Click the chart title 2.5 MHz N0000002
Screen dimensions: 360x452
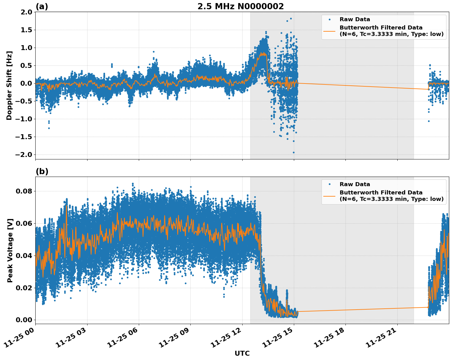[x=240, y=6]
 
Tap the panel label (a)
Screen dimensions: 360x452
[x=42, y=6]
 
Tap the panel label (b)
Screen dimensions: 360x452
[x=42, y=171]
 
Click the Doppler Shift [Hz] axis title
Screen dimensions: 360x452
[x=9, y=85]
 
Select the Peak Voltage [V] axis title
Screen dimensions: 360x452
[x=10, y=250]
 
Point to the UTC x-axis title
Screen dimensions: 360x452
[x=242, y=354]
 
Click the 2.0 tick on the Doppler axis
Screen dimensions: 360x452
[x=26, y=12]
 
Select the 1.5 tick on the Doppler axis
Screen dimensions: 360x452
[x=26, y=30]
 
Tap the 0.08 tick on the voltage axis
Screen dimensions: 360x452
[x=24, y=191]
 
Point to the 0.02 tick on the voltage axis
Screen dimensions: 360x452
[x=24, y=288]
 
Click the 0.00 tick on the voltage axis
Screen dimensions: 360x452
[x=24, y=320]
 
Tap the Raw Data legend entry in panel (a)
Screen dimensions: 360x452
[x=355, y=19]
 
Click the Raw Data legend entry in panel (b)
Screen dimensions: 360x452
[x=355, y=184]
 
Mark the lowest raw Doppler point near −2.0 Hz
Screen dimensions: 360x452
[x=294, y=152]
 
